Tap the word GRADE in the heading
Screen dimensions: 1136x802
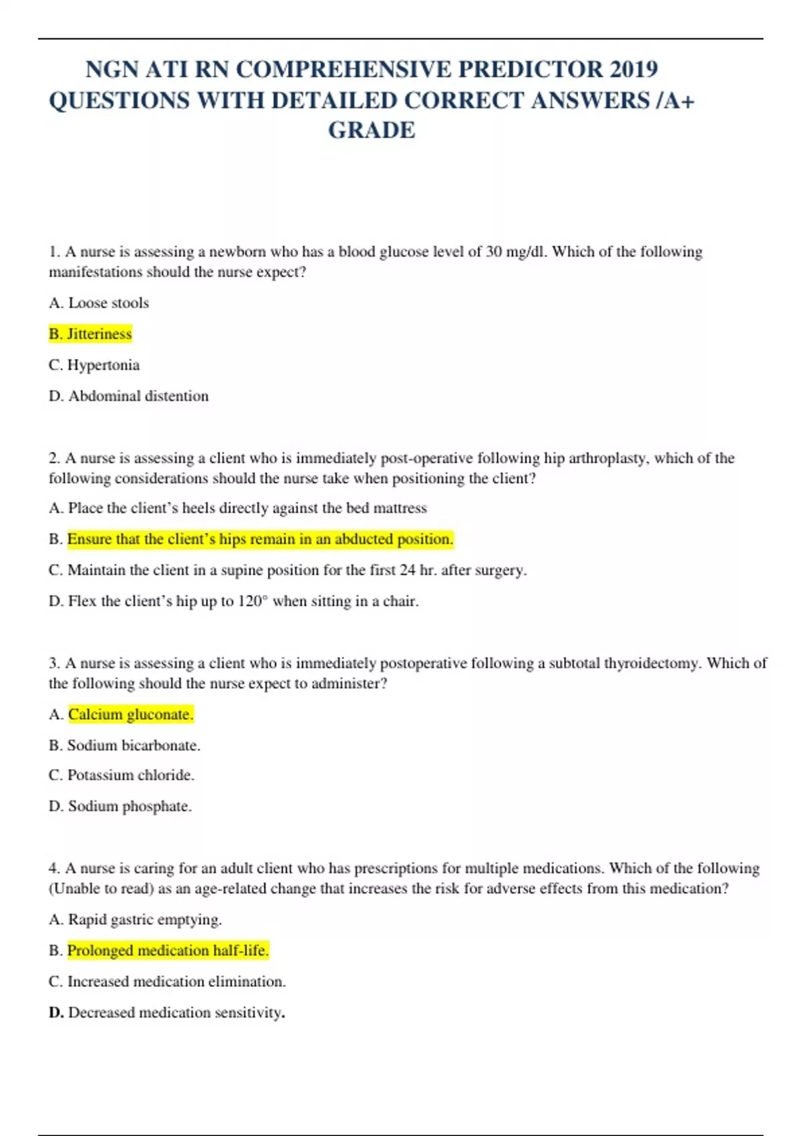(372, 130)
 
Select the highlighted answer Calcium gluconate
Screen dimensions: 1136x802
(131, 714)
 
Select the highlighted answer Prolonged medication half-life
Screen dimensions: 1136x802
(168, 950)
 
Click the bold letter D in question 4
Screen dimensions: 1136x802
(55, 1012)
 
